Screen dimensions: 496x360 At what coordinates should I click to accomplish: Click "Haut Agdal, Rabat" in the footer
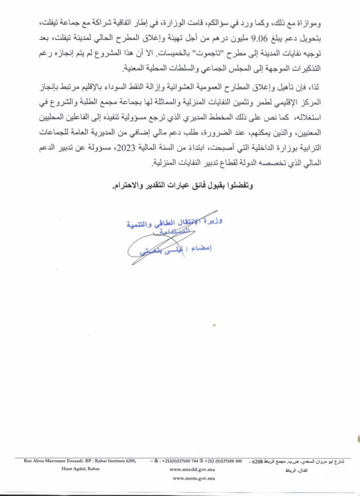[80, 469]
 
